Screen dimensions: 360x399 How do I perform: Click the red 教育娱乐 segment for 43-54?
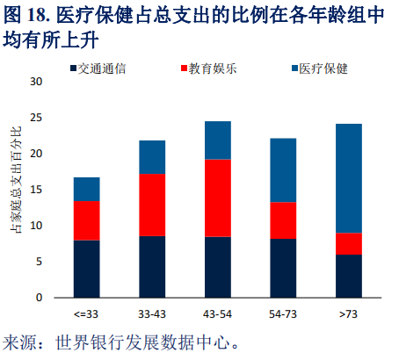(x=218, y=198)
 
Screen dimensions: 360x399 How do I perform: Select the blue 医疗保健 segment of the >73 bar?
(x=349, y=178)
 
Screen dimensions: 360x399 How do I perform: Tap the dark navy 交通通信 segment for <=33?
(x=86, y=269)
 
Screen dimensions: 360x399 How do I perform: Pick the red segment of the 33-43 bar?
(x=152, y=205)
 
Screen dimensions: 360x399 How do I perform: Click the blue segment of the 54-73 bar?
(x=283, y=170)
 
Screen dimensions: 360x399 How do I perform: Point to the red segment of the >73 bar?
(x=349, y=243)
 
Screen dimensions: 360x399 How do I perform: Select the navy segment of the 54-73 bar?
(x=283, y=268)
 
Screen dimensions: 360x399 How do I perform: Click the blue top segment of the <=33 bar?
(x=86, y=190)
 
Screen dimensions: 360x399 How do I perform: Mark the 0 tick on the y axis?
(x=40, y=298)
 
